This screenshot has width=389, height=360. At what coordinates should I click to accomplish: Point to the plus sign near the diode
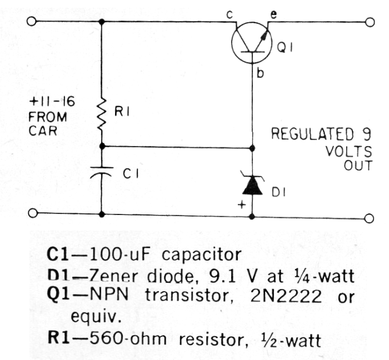[241, 204]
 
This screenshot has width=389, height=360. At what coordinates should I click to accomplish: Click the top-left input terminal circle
[32, 22]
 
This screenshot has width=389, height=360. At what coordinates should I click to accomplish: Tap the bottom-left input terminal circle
[32, 213]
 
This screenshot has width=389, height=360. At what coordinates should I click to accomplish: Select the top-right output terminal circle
[370, 22]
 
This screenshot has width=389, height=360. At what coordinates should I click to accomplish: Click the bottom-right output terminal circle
[370, 218]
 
